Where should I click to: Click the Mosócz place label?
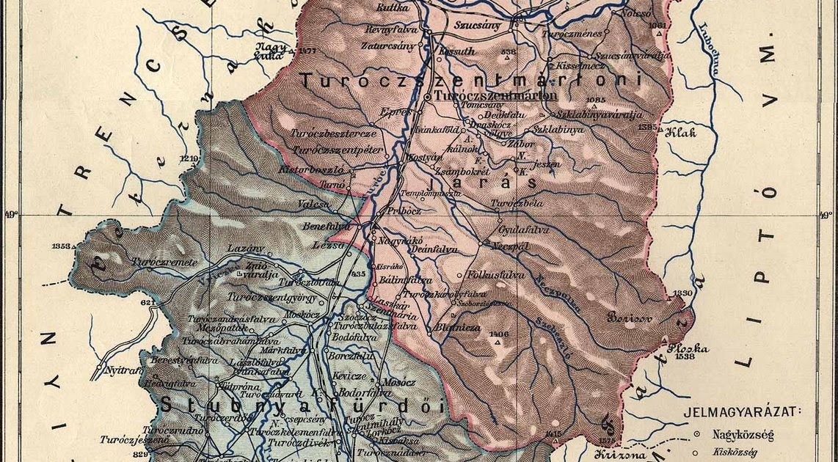click(399, 383)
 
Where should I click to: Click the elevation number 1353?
click(62, 246)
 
